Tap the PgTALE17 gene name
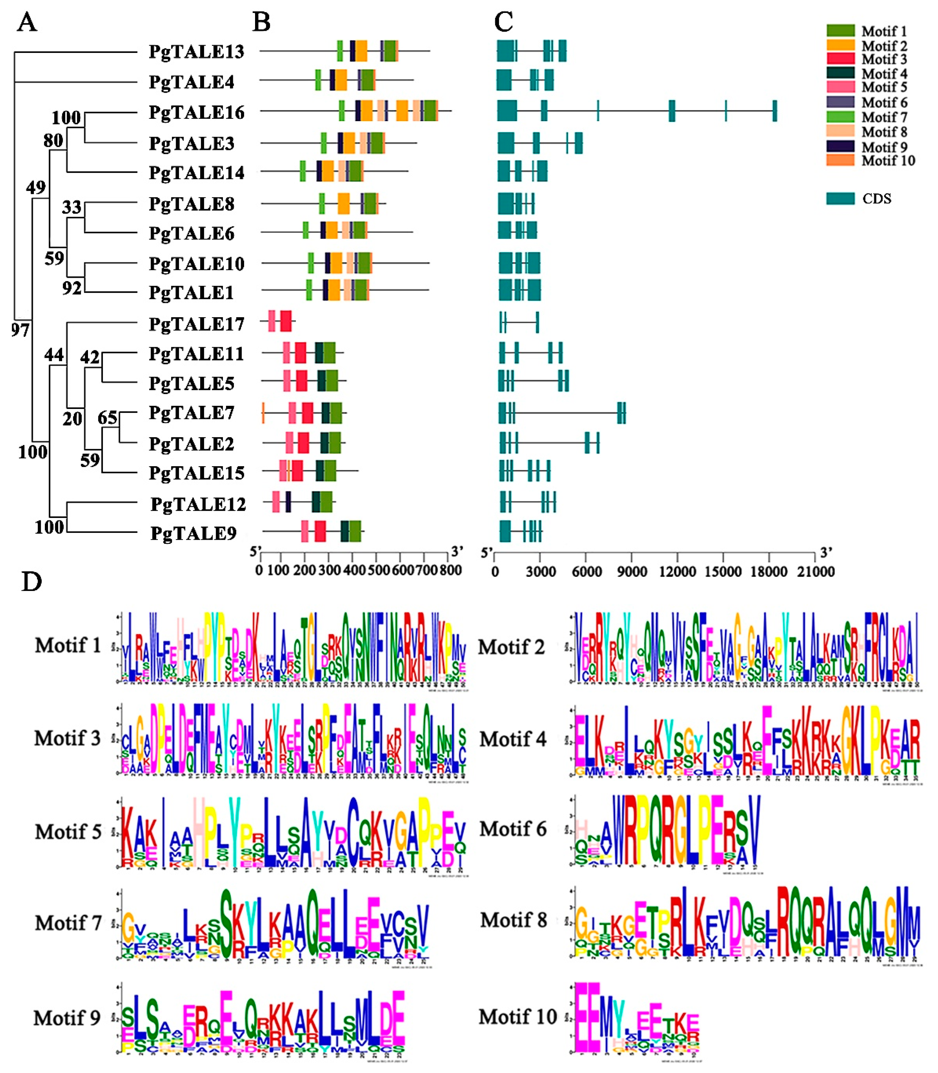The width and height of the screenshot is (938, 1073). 196,324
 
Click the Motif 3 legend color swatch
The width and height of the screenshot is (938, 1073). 840,59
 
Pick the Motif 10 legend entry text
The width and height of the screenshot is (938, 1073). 888,161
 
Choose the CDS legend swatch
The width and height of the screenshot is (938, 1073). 840,198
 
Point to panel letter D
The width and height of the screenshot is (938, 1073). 31,582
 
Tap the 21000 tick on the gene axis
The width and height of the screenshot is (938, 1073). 815,571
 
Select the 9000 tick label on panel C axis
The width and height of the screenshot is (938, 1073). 632,571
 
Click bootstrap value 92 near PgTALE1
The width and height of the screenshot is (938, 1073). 72,287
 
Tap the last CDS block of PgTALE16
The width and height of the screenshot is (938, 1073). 775,111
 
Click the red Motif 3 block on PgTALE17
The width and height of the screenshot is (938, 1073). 286,321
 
